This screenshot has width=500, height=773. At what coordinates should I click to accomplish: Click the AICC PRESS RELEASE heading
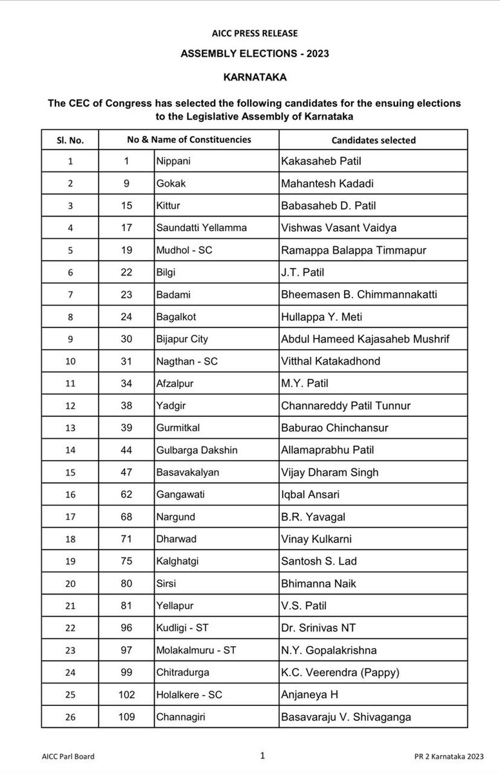(x=250, y=33)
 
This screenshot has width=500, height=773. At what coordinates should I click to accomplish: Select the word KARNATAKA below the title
(x=250, y=76)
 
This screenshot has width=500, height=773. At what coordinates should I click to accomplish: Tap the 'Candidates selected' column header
(x=373, y=140)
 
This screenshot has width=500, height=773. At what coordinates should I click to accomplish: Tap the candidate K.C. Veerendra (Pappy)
(x=340, y=673)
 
